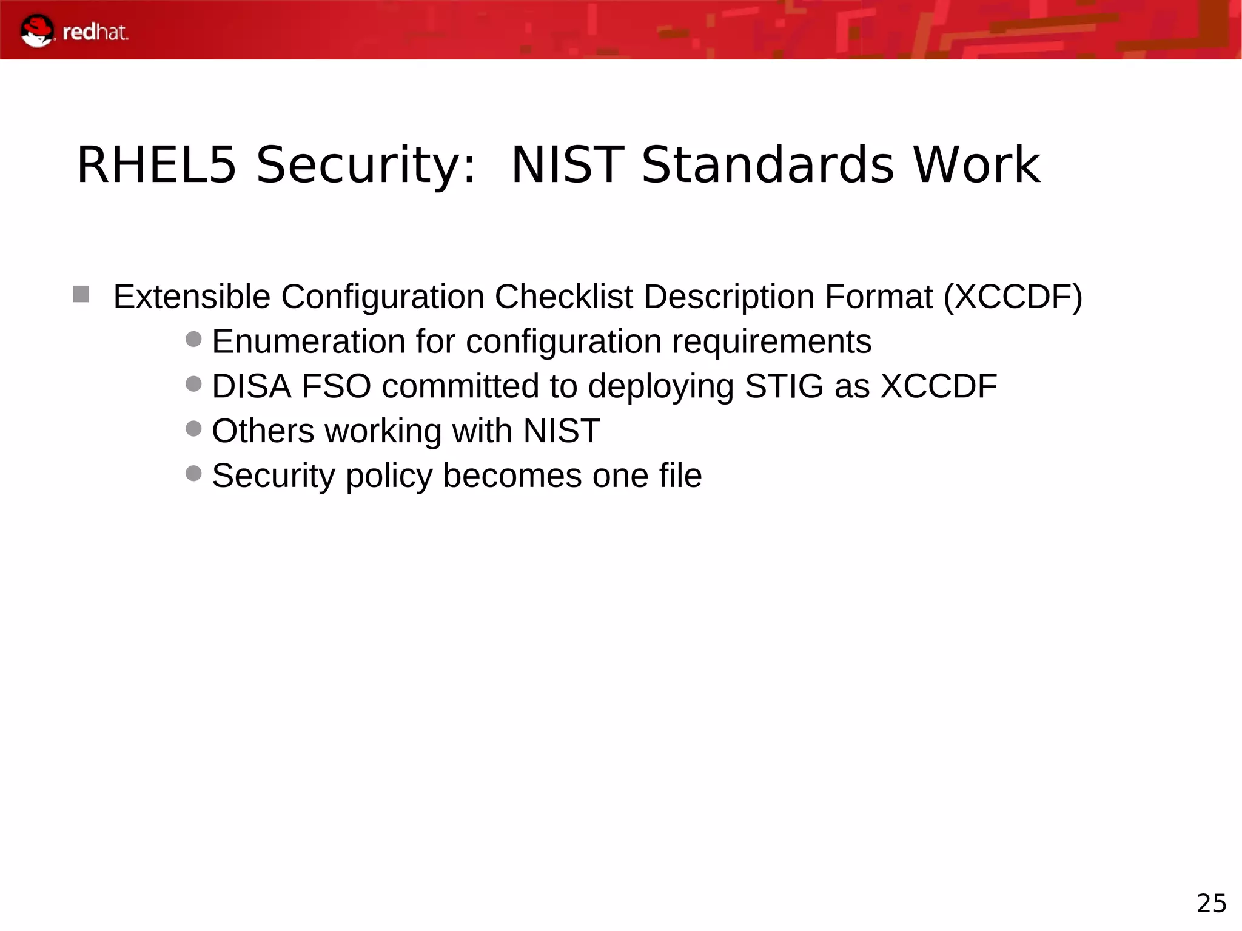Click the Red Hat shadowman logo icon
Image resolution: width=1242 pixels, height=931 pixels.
37,31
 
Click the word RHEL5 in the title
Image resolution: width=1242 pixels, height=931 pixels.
156,165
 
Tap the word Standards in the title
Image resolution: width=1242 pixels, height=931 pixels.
767,165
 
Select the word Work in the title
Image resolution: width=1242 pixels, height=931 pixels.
976,165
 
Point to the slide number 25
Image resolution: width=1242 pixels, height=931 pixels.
1211,903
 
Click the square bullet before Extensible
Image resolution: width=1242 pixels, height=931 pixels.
81,295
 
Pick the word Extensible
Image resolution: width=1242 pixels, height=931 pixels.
192,297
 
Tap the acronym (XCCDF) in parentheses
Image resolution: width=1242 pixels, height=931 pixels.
1013,297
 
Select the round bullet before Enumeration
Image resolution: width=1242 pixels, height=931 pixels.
193,339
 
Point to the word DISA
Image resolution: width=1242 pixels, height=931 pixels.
251,386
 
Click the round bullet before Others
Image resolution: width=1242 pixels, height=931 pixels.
193,429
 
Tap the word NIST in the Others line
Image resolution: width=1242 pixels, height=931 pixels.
562,431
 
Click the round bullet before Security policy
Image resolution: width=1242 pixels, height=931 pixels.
193,473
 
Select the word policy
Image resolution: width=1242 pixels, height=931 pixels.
389,476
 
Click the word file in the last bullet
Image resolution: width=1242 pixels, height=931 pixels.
680,475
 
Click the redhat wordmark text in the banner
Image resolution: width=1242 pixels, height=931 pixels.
95,32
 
